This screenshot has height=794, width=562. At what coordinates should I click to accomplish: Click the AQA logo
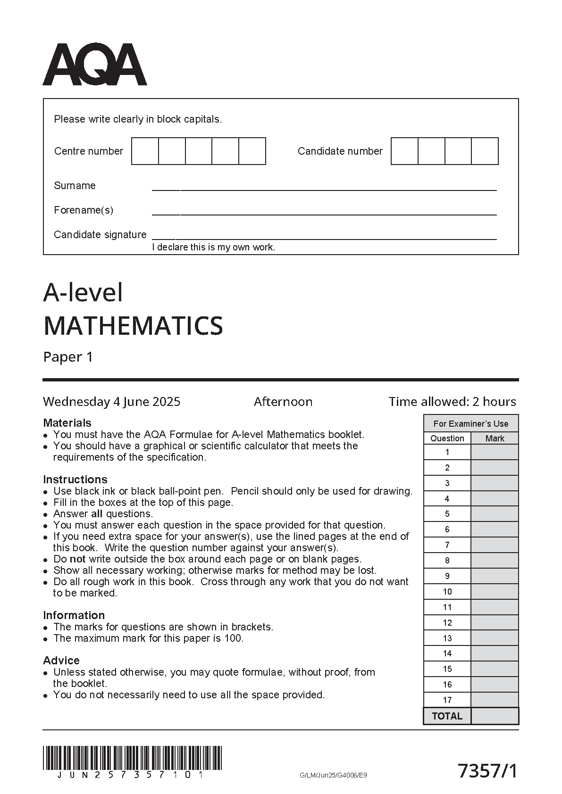pos(95,65)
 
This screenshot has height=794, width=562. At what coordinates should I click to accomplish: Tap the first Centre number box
pos(145,151)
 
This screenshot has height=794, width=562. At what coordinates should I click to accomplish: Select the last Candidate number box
pos(485,151)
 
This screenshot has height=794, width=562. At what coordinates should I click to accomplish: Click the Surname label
pos(75,186)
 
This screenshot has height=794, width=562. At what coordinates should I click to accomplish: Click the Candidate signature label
pos(100,235)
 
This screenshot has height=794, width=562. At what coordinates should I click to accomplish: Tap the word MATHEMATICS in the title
pos(133,326)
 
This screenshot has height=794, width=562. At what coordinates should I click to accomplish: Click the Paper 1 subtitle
pos(68,357)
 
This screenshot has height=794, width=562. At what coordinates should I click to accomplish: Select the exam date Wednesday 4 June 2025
pos(111,402)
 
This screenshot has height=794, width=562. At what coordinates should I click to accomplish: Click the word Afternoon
pos(283,402)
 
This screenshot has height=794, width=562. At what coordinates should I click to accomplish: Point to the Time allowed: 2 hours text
pos(452,402)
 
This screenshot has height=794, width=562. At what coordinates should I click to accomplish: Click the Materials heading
pos(67,423)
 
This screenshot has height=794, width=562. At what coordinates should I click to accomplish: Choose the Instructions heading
pos(75,480)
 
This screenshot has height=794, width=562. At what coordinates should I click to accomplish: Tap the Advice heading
pos(61,661)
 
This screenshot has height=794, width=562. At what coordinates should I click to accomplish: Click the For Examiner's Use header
pos(471,424)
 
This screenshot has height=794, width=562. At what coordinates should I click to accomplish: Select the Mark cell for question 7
pos(495,545)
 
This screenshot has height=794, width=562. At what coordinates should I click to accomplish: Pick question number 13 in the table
pos(447,638)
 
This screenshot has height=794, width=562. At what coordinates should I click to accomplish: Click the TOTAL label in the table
pos(447,716)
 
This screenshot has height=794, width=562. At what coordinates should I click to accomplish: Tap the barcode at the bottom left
pos(132,758)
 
